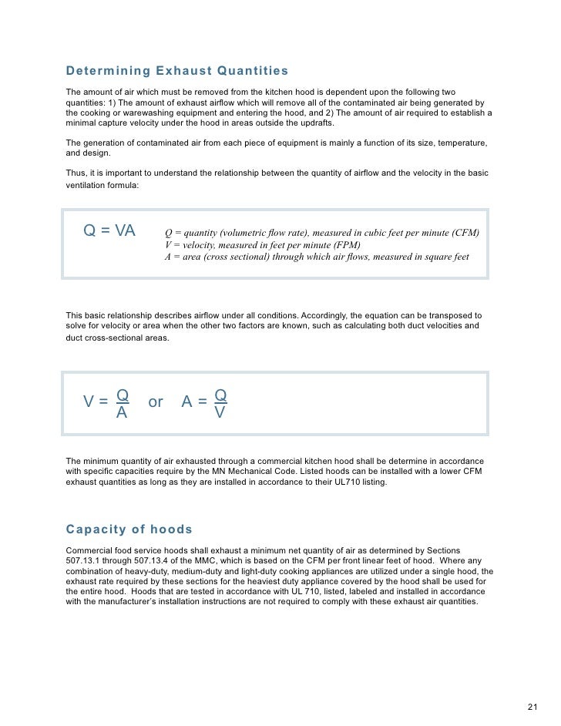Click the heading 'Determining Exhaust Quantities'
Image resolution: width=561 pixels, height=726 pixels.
tap(177, 72)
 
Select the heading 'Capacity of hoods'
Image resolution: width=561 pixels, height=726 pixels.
tap(129, 529)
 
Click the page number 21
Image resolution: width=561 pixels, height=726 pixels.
tap(532, 707)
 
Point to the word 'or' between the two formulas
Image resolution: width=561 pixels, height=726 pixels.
tap(156, 402)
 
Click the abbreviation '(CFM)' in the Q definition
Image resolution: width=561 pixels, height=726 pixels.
tap(463, 233)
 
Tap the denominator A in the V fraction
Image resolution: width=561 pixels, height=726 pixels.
tap(121, 413)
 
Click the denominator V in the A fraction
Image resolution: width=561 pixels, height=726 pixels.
tap(220, 413)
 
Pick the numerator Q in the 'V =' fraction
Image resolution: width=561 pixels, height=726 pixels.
tap(122, 395)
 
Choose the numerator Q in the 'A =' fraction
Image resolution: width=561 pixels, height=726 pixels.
tap(220, 395)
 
